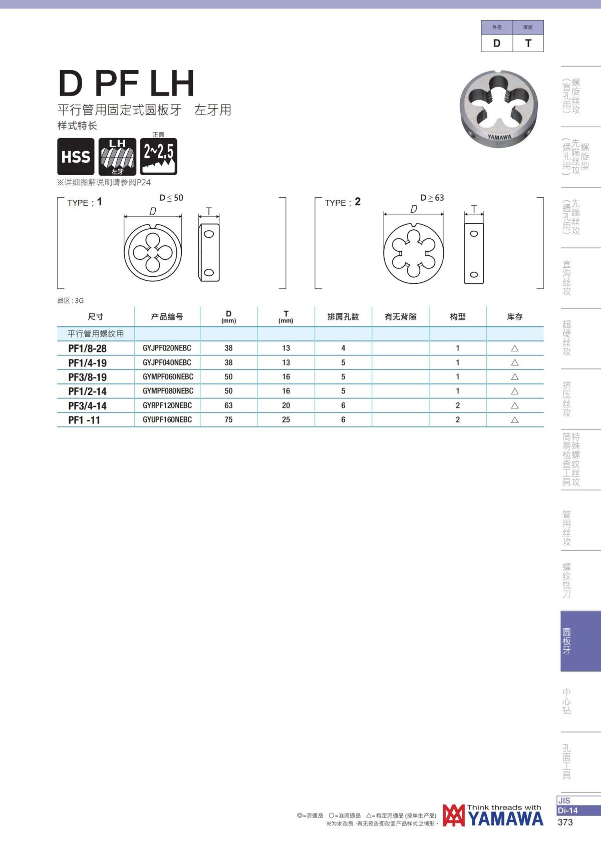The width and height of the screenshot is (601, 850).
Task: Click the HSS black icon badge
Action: pyautogui.click(x=76, y=156)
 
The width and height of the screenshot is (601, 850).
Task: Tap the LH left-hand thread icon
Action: pyautogui.click(x=117, y=156)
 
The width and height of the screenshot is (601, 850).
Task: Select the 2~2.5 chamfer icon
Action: pyautogui.click(x=158, y=156)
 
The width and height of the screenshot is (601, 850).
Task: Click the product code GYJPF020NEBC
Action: pyautogui.click(x=167, y=348)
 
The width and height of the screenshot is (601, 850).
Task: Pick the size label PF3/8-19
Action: pyautogui.click(x=87, y=377)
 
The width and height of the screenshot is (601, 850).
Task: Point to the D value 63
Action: pyautogui.click(x=228, y=405)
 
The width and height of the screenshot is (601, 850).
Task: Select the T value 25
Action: pyautogui.click(x=286, y=419)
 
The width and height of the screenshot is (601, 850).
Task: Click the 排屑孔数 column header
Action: pyautogui.click(x=343, y=317)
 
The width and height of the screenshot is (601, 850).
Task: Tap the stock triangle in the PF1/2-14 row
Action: pyautogui.click(x=515, y=391)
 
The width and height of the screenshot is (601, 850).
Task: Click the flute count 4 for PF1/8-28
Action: pyautogui.click(x=343, y=348)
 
